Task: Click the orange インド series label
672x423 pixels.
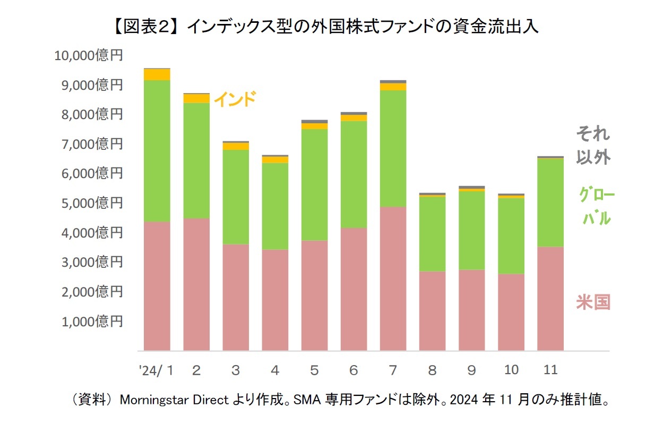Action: pyautogui.click(x=235, y=99)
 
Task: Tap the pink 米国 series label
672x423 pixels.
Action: pyautogui.click(x=593, y=302)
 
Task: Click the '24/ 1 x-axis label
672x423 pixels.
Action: pyautogui.click(x=157, y=370)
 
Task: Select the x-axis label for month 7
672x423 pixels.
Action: pyautogui.click(x=393, y=370)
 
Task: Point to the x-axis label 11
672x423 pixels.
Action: pyautogui.click(x=550, y=370)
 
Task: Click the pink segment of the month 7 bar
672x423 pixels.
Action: pyautogui.click(x=393, y=279)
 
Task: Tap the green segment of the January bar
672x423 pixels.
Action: pyautogui.click(x=157, y=151)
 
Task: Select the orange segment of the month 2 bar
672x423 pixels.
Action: pyautogui.click(x=196, y=99)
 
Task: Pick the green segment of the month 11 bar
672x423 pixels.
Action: pyautogui.click(x=550, y=202)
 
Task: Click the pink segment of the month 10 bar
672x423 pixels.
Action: pyautogui.click(x=511, y=312)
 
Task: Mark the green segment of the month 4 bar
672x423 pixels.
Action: pyautogui.click(x=275, y=206)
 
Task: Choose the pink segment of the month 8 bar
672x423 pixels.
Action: pyautogui.click(x=432, y=311)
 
